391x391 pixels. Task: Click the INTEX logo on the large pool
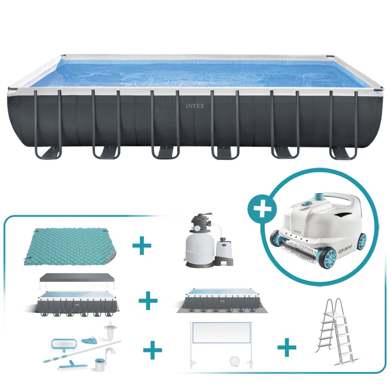click(x=195, y=106)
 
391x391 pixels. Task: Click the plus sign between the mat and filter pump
click(x=142, y=247)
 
